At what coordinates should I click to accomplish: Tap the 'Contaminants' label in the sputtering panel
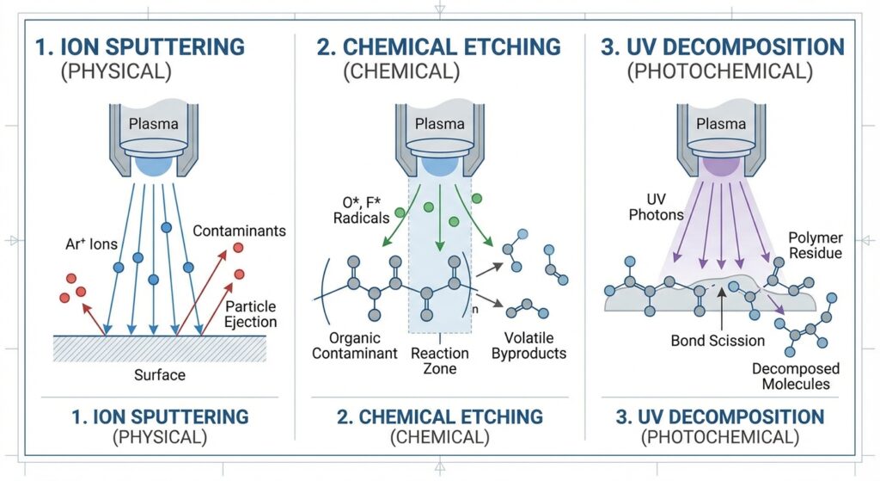pyautogui.click(x=239, y=231)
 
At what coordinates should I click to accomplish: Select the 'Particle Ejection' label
pyautogui.click(x=251, y=314)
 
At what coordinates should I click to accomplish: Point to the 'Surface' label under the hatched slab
pyautogui.click(x=159, y=375)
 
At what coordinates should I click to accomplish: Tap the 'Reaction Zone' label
pyautogui.click(x=440, y=361)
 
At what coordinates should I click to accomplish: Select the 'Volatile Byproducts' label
pyautogui.click(x=529, y=345)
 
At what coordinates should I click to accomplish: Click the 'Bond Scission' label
pyautogui.click(x=718, y=341)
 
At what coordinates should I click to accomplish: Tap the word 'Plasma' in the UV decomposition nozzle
pyautogui.click(x=721, y=123)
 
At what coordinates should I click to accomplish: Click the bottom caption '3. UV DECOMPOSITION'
pyautogui.click(x=720, y=417)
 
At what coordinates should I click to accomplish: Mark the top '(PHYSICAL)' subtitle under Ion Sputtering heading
pyautogui.click(x=114, y=71)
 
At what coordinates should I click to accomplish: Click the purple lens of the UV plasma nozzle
pyautogui.click(x=720, y=163)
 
